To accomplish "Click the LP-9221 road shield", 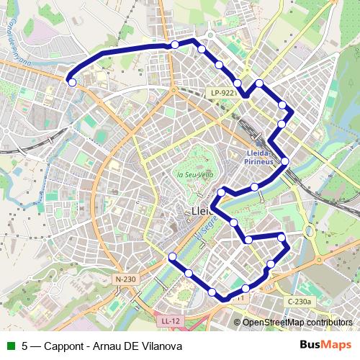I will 223,93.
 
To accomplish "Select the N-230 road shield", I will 125,279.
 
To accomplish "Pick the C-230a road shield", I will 299,301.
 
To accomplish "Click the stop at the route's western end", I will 72,82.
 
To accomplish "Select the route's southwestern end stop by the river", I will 172,257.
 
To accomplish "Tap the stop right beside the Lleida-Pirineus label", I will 285,161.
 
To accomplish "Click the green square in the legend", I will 10,346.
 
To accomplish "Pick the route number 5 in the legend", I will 25,346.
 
